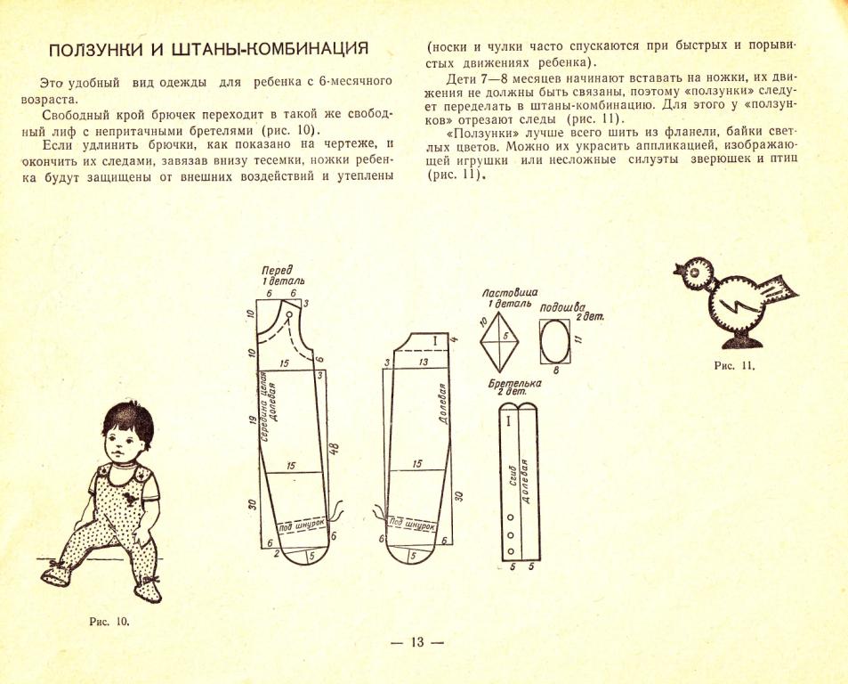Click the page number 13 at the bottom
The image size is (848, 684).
coord(417,643)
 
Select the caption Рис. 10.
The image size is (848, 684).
coord(110,621)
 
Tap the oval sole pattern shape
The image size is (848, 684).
coord(557,340)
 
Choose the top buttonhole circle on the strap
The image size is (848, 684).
coord(511,517)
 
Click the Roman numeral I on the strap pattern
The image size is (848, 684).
coord(508,419)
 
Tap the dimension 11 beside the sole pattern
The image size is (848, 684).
coord(578,339)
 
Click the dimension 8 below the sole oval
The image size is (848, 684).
coord(556,370)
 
